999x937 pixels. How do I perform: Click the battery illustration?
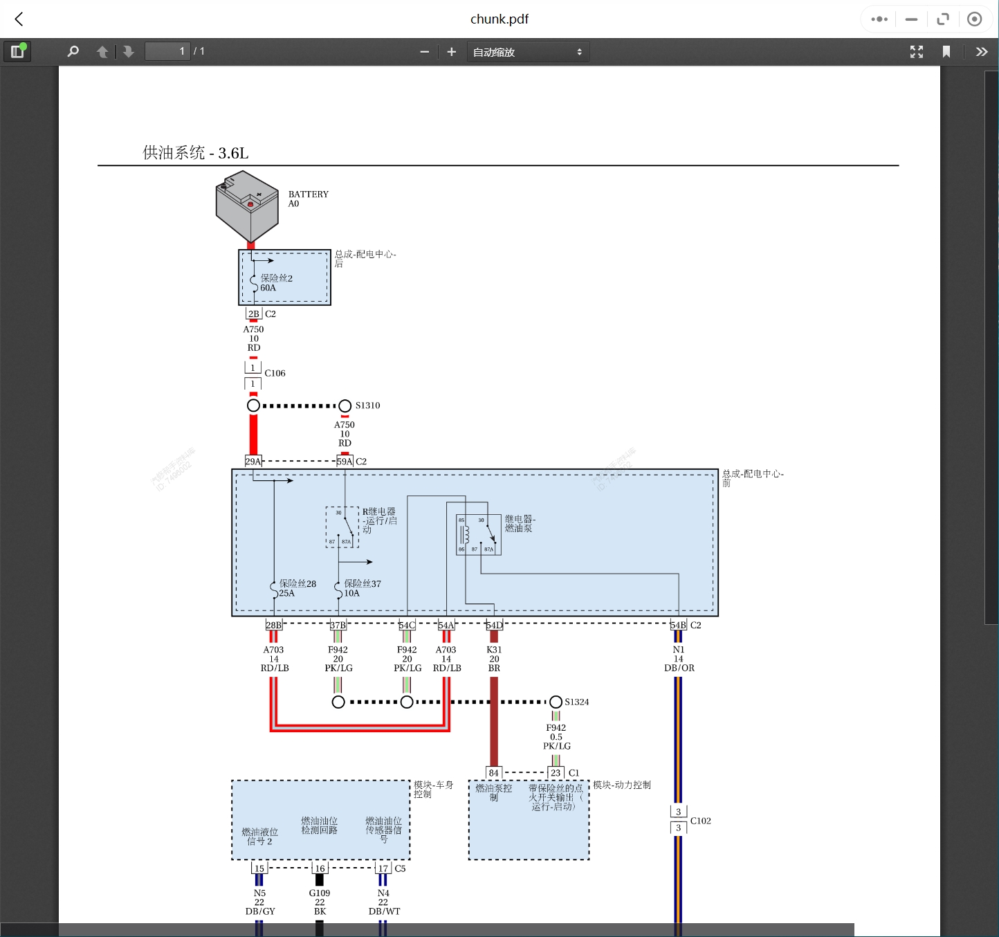coord(247,207)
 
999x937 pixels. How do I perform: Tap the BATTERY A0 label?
coord(308,199)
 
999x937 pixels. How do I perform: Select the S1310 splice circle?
coord(345,406)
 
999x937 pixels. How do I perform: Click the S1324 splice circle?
coord(556,702)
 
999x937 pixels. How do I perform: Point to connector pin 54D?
coord(494,625)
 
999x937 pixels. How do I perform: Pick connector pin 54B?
coord(678,625)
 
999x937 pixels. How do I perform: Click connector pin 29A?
coord(253,461)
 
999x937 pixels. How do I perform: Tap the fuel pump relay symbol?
coord(478,534)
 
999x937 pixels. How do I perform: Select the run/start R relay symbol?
coord(342,527)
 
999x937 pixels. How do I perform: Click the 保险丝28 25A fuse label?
coord(297,588)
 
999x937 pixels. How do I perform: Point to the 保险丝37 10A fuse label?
coord(362,588)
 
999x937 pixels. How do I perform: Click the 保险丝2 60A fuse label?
coord(276,283)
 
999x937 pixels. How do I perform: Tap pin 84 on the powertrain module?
coord(493,773)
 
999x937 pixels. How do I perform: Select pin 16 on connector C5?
coord(320,868)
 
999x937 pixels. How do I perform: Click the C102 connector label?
coord(700,821)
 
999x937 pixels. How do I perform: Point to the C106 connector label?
coord(275,373)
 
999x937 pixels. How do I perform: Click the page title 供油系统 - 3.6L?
coord(195,153)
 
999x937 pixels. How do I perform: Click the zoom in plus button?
coord(452,52)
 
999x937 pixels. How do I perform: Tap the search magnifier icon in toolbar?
coord(73,52)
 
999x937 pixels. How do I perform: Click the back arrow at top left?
coord(19,19)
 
